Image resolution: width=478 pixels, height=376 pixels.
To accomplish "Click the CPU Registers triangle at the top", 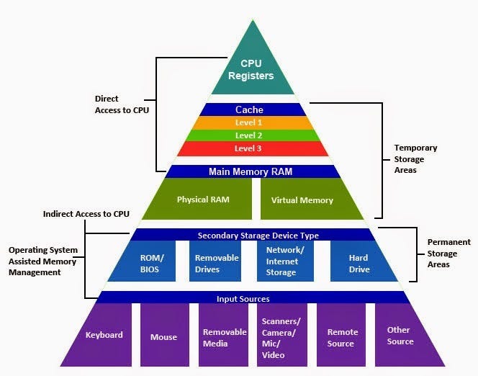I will coord(251,68).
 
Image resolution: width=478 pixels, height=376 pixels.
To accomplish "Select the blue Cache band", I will coord(250,109).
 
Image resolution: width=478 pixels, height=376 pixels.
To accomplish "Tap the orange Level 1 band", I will coord(249,122).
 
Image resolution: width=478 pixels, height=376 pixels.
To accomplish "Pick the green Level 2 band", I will coord(249,135).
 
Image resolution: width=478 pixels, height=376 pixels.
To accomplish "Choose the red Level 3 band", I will coord(249,148).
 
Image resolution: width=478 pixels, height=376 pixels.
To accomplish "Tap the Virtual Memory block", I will coord(302,200).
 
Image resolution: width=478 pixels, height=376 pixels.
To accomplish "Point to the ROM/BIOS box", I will coord(152,262).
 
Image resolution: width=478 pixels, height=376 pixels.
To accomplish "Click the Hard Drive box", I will coord(358,262).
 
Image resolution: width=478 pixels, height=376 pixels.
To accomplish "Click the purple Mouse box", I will coord(163,335).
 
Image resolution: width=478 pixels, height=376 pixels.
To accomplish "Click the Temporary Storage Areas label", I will coord(415,159).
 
